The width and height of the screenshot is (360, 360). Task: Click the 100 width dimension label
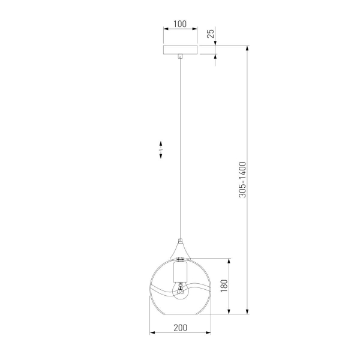[180, 24]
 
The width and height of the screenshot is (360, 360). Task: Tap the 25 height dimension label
[211, 33]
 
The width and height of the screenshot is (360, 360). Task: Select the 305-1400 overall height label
[242, 179]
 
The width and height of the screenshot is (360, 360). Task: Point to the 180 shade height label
[224, 286]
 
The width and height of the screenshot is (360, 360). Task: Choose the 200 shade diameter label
[180, 328]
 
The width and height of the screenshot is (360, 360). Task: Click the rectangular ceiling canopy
[180, 50]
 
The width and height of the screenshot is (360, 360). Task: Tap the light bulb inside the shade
[181, 291]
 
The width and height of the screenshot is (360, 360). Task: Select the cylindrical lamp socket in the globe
[181, 272]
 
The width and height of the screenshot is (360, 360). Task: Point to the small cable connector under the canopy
[181, 56]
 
